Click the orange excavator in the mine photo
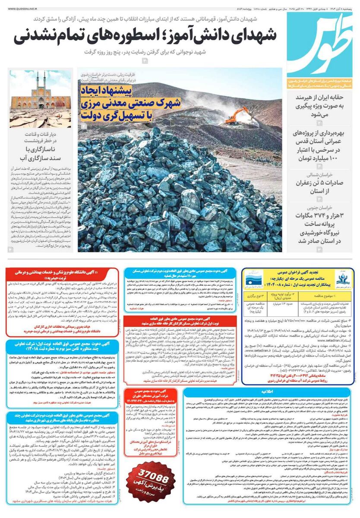click(237, 116)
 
